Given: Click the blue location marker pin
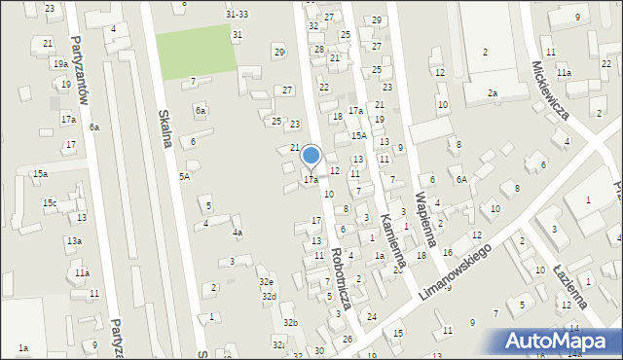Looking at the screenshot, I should [x=311, y=156].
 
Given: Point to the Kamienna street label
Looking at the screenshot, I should [x=393, y=241].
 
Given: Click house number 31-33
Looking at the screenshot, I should [x=237, y=15].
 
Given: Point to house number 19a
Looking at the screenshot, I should [x=59, y=63].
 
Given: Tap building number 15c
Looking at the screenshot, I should [x=49, y=203].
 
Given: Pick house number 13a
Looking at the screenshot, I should [x=74, y=240].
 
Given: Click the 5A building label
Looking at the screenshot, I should [x=184, y=176].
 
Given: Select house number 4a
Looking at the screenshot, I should [x=237, y=233].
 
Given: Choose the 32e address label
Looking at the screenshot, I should [x=266, y=281].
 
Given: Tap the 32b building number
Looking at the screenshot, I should [x=289, y=322].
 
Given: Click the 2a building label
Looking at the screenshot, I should [x=493, y=93].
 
